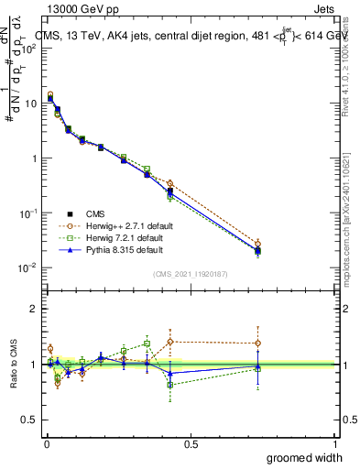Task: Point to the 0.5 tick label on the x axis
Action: (191, 444)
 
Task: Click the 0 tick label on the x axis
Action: (47, 444)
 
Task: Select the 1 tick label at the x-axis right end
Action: (334, 444)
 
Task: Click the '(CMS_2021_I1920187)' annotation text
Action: (190, 274)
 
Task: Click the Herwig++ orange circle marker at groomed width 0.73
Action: (258, 244)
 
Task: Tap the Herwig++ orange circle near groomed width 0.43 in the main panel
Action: (170, 183)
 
